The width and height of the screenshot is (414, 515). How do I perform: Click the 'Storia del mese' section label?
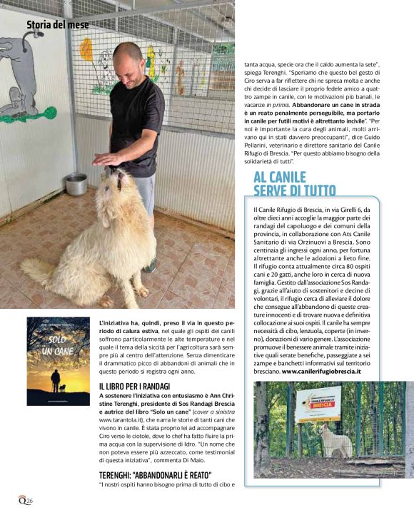57,25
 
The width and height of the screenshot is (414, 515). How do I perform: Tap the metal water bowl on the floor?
76,183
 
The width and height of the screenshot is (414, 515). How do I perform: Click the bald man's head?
127,59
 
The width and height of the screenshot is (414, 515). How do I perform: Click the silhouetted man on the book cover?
55,379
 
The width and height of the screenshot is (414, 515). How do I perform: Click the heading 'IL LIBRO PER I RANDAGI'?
134,386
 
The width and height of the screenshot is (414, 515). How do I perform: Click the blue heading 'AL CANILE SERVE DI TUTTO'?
294,183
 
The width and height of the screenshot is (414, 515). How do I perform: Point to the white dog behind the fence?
333,439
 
